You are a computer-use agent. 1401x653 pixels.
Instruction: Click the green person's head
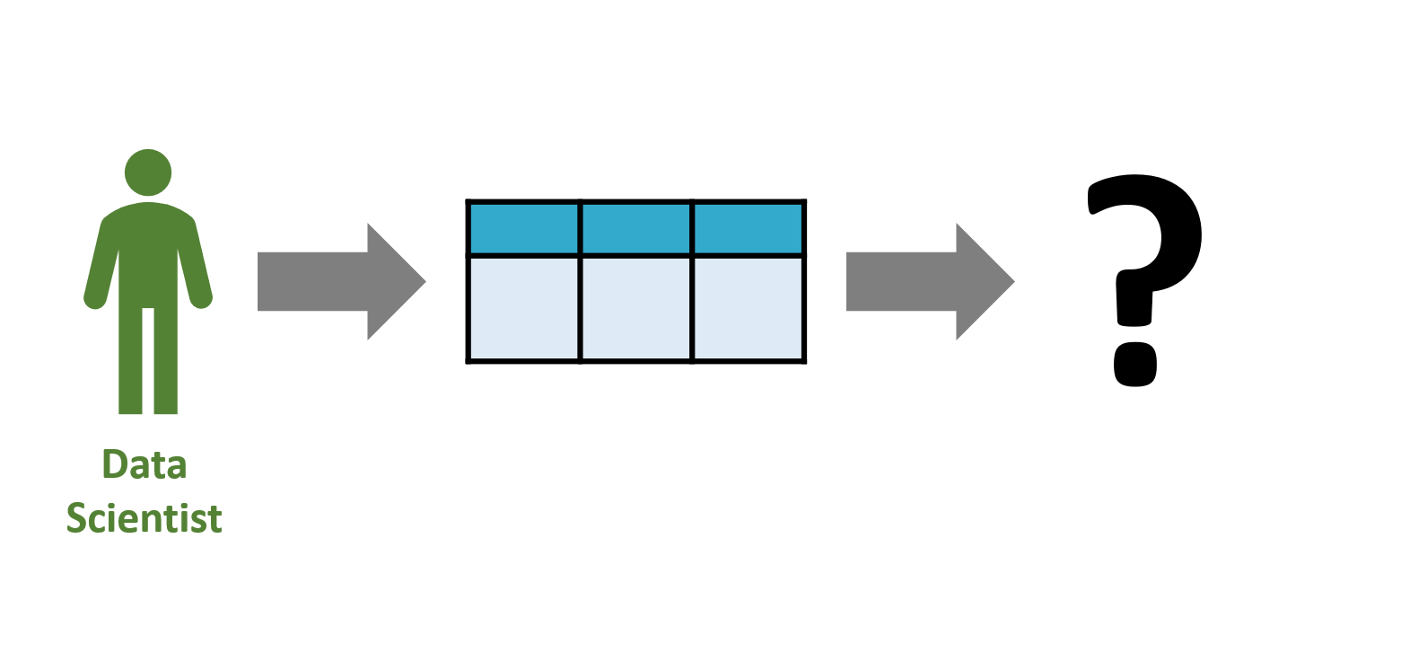148,172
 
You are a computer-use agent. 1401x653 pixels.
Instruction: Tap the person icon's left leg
130,360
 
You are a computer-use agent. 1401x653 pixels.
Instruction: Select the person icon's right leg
166,360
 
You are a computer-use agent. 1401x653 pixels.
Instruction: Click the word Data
144,464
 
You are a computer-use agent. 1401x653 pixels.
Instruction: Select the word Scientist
144,518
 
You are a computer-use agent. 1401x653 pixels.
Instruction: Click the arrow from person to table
341,282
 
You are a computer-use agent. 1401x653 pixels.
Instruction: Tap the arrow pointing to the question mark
930,282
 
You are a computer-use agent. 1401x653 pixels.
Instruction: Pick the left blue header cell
524,228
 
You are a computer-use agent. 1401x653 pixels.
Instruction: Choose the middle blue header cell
636,228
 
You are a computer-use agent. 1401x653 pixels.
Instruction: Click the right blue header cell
748,228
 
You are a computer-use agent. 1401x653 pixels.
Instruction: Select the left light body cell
524,309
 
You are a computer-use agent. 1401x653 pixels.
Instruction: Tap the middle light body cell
636,309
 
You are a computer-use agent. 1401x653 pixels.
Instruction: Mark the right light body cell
748,309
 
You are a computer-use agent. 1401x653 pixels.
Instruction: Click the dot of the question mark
1135,365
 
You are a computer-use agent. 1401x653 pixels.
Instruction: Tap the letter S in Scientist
77,518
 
